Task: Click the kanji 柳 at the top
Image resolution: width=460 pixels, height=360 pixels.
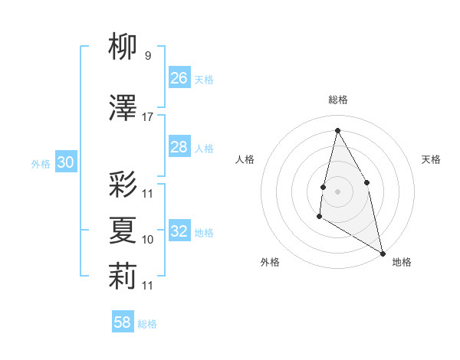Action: click(x=123, y=47)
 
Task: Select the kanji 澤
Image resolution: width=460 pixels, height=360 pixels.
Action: click(x=123, y=109)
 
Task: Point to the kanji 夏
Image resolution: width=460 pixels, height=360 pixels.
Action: click(x=123, y=230)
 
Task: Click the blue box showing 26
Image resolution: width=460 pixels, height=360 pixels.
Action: click(x=179, y=78)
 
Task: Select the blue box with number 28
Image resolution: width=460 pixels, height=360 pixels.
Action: click(x=179, y=147)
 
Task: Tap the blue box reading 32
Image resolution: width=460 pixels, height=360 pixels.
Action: click(x=179, y=231)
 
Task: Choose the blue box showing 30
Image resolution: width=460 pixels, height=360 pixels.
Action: click(x=65, y=162)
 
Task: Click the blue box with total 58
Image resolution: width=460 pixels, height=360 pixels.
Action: click(x=123, y=322)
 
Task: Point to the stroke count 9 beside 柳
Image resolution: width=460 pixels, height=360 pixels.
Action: click(x=147, y=55)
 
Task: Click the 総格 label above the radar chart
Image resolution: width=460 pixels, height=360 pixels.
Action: click(x=338, y=100)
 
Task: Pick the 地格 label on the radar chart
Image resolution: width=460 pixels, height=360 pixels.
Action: click(x=402, y=262)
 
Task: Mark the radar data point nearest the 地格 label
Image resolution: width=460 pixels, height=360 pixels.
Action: click(x=383, y=254)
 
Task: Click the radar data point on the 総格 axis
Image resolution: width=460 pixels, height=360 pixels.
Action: click(x=337, y=129)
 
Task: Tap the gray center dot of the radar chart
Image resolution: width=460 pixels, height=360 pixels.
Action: click(x=337, y=191)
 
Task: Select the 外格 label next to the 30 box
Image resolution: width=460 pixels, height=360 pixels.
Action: click(x=40, y=163)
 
